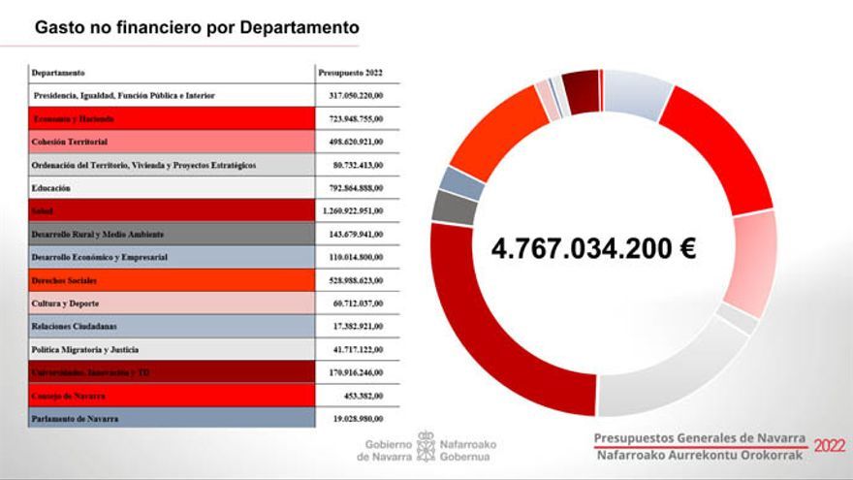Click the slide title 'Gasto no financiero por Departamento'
[197, 27]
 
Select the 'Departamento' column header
[58, 73]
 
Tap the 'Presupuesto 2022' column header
[351, 73]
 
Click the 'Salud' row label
[42, 210]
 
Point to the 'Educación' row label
[51, 187]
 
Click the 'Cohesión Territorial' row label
[69, 142]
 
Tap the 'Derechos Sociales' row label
[64, 280]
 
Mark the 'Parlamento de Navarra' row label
[75, 419]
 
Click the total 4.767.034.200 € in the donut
[593, 248]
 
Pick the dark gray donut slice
[449, 207]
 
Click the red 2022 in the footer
[829, 446]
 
